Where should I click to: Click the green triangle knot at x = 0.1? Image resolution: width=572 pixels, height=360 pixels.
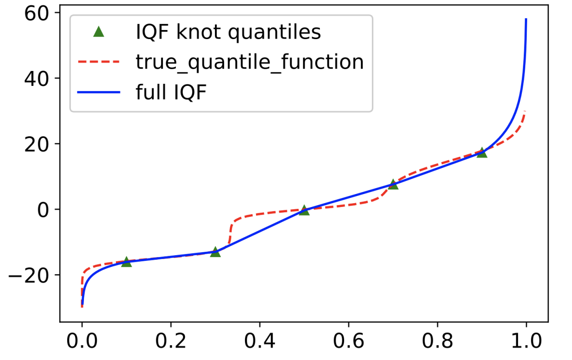pos(126,261)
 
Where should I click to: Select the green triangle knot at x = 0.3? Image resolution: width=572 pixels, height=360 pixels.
pos(215,251)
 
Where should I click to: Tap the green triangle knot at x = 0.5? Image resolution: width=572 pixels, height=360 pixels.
pos(304,210)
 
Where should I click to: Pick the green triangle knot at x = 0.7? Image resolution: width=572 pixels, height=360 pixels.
pos(393,184)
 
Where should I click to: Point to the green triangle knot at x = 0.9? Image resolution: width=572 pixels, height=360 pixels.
pos(482,153)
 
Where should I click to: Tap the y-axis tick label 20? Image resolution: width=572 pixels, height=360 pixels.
pos(37,144)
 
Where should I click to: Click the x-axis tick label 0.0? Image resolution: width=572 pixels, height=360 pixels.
pos(82,342)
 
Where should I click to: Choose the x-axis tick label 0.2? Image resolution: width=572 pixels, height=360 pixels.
pos(171,342)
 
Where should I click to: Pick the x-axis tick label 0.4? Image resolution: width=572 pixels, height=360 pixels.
pos(259,342)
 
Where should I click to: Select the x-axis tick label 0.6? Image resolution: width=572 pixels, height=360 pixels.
pos(348,342)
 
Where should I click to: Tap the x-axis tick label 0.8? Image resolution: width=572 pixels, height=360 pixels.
pos(437,342)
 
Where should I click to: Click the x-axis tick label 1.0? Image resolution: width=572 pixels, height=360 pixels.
pos(526,342)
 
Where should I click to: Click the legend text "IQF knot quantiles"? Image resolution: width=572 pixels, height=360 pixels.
pos(228,32)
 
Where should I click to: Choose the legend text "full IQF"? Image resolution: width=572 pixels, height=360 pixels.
pos(171,92)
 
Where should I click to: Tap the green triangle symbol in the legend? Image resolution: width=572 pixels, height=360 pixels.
pos(99,32)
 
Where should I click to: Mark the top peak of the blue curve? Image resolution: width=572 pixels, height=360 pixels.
pos(526,19)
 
